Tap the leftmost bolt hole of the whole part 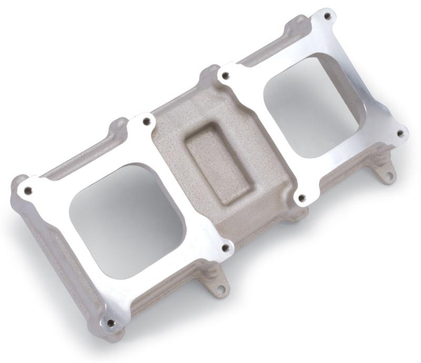click(x=28, y=190)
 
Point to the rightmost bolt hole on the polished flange click(x=399, y=133)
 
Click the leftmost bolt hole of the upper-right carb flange click(x=225, y=76)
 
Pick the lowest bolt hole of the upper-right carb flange click(x=302, y=198)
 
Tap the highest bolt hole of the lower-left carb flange click(x=147, y=122)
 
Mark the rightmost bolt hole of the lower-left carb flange click(x=225, y=247)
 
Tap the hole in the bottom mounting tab click(x=220, y=289)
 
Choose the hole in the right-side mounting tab click(x=388, y=174)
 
